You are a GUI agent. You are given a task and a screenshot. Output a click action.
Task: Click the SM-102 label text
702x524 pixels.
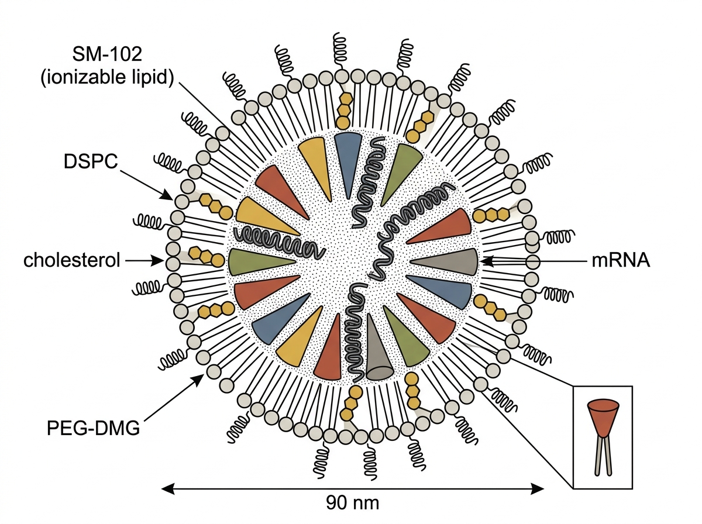click(107, 54)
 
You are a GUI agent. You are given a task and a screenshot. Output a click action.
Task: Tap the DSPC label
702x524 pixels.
click(91, 161)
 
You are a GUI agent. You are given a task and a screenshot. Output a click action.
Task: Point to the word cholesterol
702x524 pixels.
click(71, 260)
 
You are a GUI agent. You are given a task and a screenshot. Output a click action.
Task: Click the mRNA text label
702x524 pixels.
click(621, 261)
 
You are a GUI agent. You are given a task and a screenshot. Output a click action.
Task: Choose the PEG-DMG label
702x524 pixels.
click(94, 428)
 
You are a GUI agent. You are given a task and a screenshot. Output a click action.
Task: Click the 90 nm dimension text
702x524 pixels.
click(352, 503)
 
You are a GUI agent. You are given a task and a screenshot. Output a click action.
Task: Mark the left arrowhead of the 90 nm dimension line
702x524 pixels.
click(168, 488)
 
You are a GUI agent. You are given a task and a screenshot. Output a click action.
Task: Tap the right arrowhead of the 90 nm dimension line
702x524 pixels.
click(537, 488)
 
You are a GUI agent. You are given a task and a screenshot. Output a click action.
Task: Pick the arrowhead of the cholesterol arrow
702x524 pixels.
click(159, 261)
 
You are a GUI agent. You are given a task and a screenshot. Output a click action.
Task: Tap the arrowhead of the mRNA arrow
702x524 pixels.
click(487, 261)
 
